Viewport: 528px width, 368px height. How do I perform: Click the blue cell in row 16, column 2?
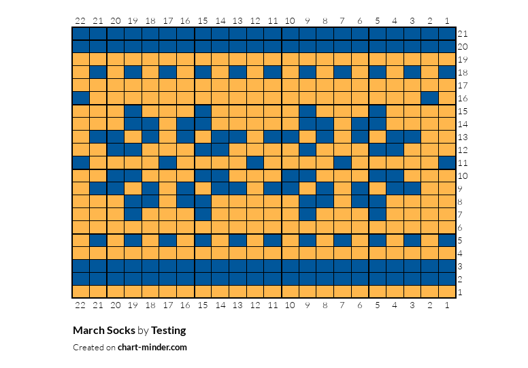click(x=429, y=99)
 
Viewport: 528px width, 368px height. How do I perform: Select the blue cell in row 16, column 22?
click(x=81, y=99)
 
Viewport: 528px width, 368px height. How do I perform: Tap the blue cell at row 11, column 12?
click(x=255, y=163)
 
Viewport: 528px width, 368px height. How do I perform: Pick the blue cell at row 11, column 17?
click(x=168, y=163)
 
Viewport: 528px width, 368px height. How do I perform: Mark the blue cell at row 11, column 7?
click(x=342, y=163)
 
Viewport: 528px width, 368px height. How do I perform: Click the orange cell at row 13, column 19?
click(x=133, y=137)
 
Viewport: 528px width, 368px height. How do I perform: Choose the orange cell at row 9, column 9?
click(x=308, y=189)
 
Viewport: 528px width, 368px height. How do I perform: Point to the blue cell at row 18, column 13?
click(x=237, y=72)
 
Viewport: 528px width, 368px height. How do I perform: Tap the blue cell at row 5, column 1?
click(x=447, y=240)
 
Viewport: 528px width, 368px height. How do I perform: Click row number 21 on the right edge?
click(x=463, y=33)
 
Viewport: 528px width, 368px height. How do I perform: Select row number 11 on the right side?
click(x=463, y=163)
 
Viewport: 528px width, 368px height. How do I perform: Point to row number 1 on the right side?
click(x=461, y=292)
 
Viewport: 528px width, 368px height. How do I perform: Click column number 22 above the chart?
click(x=80, y=21)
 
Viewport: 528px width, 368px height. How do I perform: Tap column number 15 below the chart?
click(x=203, y=305)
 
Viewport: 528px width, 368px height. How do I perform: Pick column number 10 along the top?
click(x=290, y=21)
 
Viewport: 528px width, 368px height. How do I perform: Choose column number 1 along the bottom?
click(x=447, y=305)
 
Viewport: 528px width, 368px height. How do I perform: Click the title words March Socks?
click(x=104, y=331)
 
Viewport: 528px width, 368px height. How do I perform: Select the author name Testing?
click(x=168, y=331)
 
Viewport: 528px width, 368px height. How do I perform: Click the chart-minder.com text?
click(x=152, y=348)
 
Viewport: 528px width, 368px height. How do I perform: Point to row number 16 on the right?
click(x=463, y=99)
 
